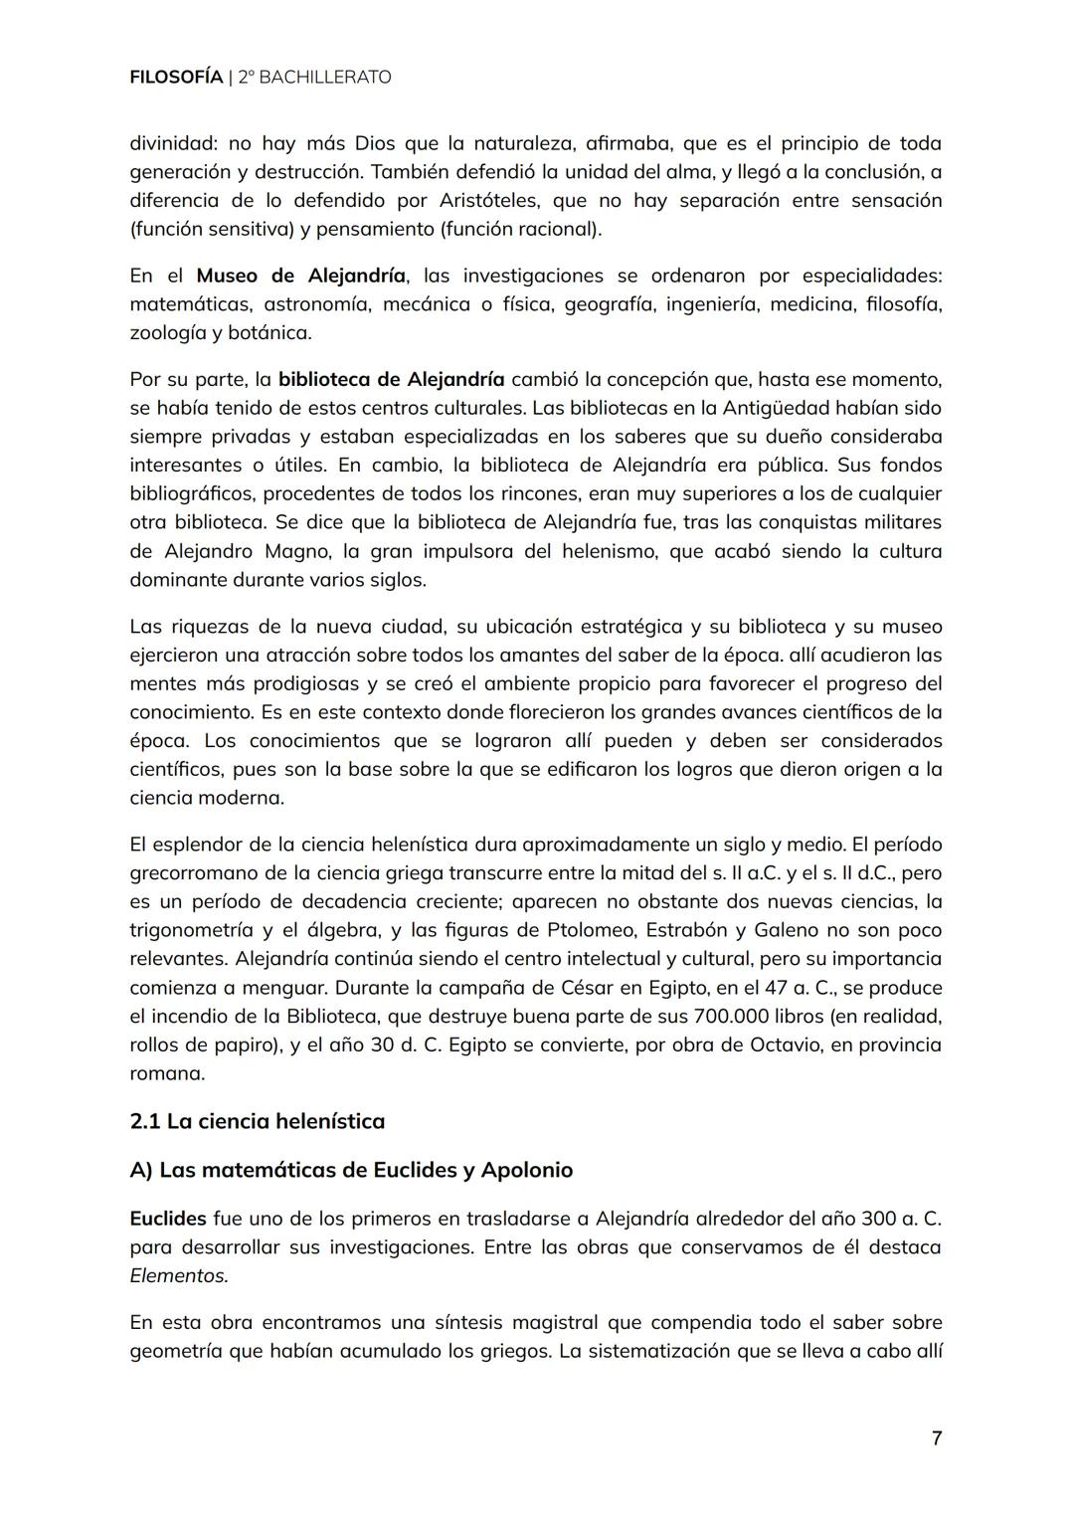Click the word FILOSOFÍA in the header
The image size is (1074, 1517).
[176, 77]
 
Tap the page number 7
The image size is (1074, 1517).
[936, 1438]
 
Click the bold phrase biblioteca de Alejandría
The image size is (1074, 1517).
[392, 379]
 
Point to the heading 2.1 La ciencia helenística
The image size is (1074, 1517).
[257, 1121]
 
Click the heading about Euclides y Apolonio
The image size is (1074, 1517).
[351, 1170]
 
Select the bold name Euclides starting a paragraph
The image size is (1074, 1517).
[168, 1219]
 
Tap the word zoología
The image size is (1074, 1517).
[166, 333]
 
